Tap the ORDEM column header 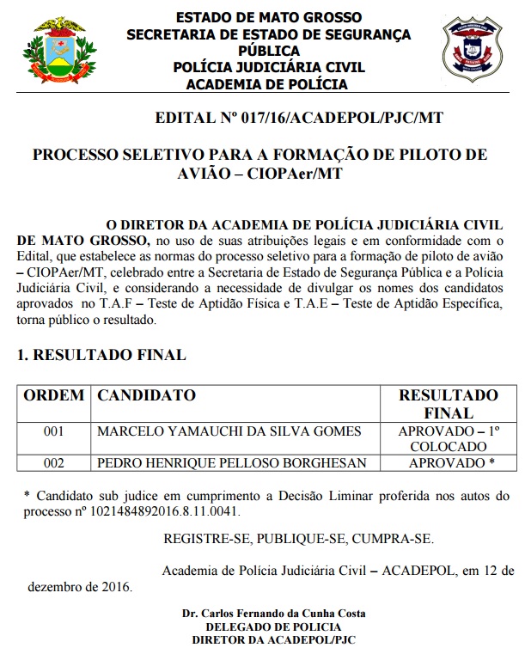53,395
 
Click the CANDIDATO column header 147,395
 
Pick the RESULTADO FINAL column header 448,404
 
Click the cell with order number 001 53,431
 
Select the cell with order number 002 53,463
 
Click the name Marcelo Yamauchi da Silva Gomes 229,431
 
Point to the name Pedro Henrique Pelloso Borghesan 233,463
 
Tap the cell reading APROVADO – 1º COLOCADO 448,438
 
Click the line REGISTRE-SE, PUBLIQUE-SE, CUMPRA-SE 298,539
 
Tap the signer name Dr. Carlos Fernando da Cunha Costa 274,614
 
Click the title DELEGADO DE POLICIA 274,627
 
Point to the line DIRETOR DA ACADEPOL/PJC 274,640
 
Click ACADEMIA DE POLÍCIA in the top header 267,84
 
